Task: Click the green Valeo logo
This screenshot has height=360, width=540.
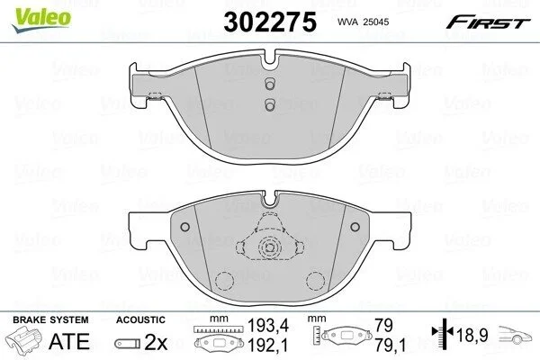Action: pyautogui.click(x=41, y=19)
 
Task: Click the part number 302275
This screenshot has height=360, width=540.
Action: pyautogui.click(x=270, y=22)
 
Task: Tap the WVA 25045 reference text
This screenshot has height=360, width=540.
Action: pyautogui.click(x=363, y=22)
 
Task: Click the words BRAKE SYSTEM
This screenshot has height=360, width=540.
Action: pyautogui.click(x=50, y=319)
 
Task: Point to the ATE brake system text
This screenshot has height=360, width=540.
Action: pyautogui.click(x=69, y=341)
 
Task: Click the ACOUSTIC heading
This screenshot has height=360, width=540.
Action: pyautogui.click(x=140, y=319)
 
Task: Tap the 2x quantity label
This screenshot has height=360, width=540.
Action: pyautogui.click(x=156, y=342)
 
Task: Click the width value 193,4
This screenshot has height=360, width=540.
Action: pyautogui.click(x=268, y=325)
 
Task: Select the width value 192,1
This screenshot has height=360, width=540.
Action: pyautogui.click(x=268, y=346)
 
